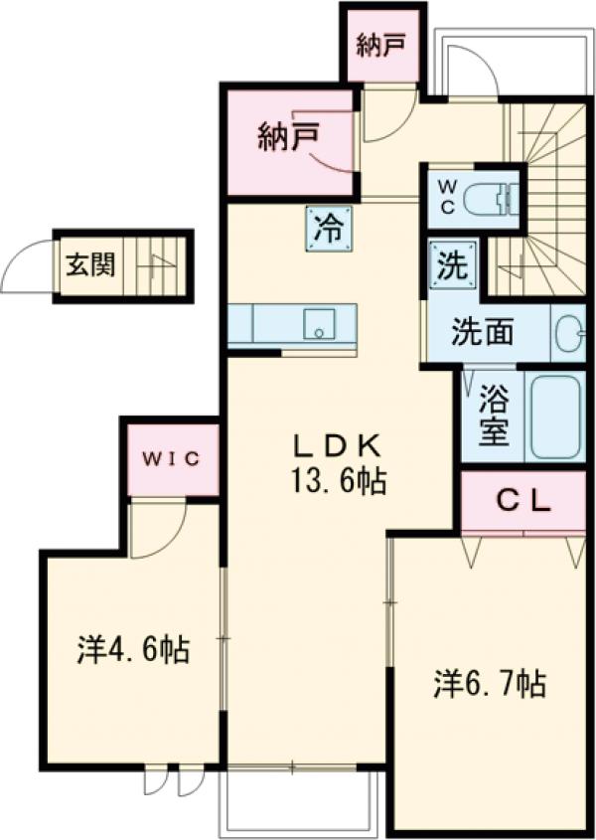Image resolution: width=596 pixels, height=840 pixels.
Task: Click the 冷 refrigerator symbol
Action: pyautogui.click(x=327, y=228)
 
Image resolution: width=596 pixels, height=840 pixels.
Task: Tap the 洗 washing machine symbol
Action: pyautogui.click(x=452, y=265)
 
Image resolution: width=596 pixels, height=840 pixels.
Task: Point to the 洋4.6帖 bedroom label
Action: pyautogui.click(x=133, y=651)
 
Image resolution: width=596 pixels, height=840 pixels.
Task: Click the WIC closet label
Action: pyautogui.click(x=171, y=458)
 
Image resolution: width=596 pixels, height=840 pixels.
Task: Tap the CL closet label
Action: pyautogui.click(x=522, y=501)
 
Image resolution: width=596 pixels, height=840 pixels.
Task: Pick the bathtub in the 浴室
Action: pyautogui.click(x=555, y=418)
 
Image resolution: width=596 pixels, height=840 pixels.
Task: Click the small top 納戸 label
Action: pyautogui.click(x=381, y=46)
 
